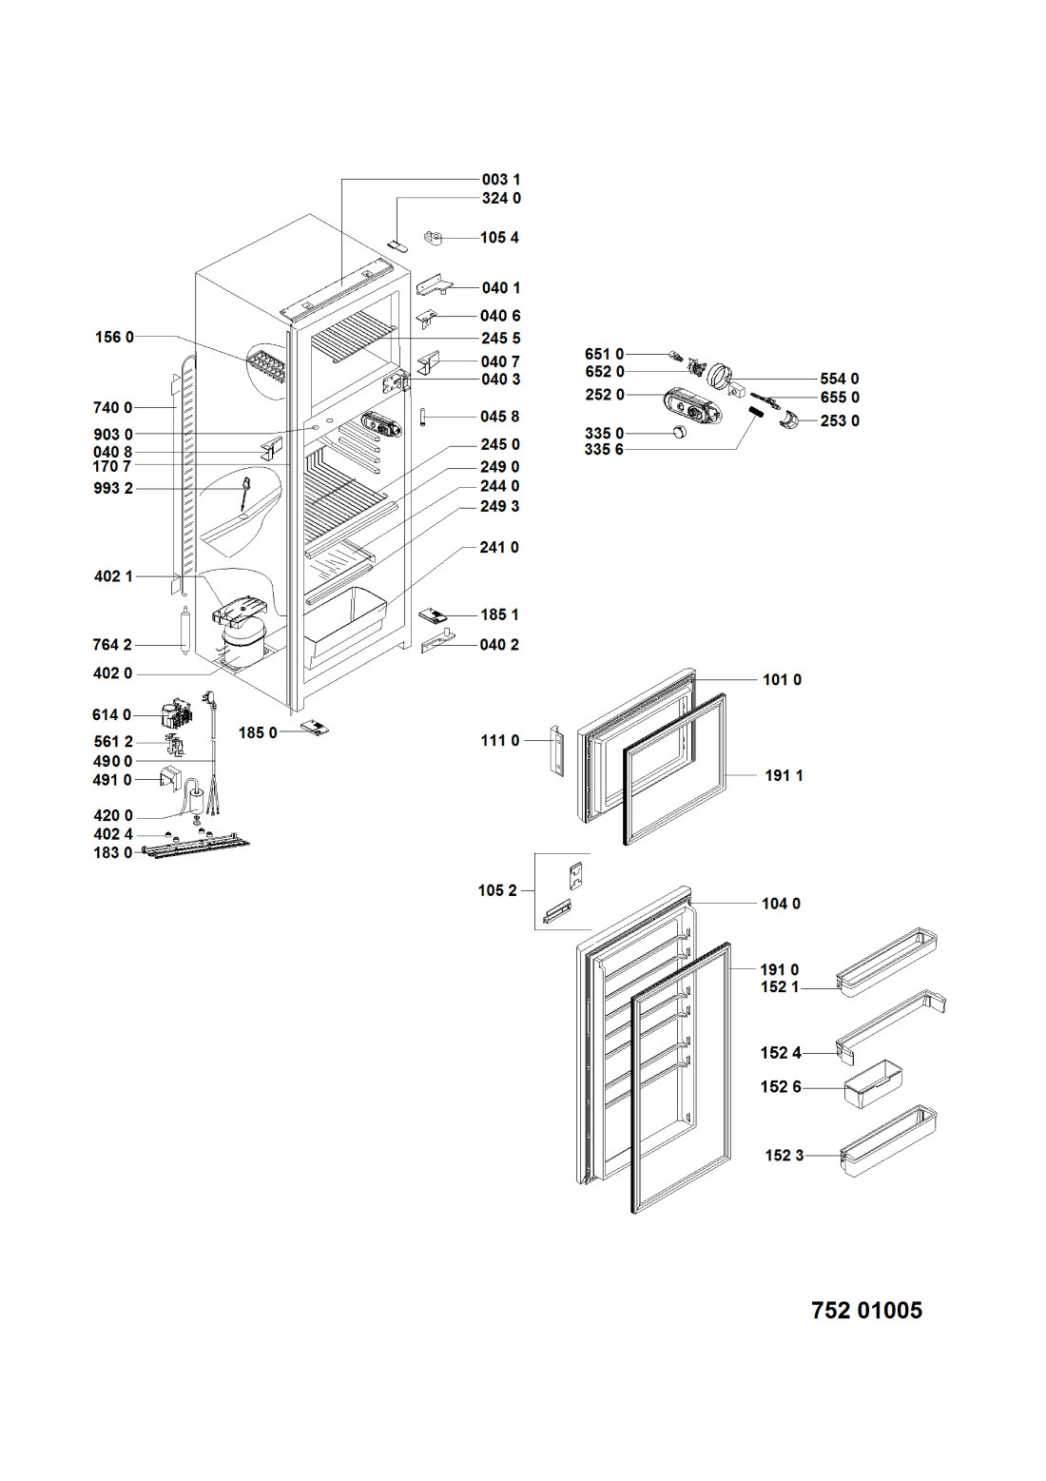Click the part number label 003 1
[500, 179]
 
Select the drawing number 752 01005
[866, 1310]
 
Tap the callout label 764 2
[112, 645]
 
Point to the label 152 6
[780, 1086]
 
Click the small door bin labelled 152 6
[872, 1082]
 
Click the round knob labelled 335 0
[678, 433]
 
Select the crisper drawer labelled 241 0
[348, 618]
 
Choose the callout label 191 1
[784, 775]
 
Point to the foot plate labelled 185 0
[315, 728]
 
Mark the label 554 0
[839, 379]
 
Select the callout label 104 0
[781, 904]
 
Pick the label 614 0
[112, 714]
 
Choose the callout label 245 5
[500, 338]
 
